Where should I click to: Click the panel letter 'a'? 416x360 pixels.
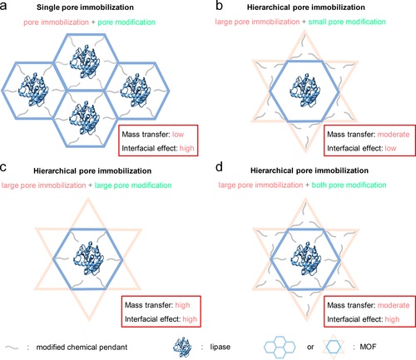click(x=3, y=6)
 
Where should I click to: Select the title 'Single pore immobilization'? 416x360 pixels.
click(x=85, y=7)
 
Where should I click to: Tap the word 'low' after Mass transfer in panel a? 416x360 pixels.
click(x=178, y=135)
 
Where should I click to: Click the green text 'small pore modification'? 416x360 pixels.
click(x=347, y=22)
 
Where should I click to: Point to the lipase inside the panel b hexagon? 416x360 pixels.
click(x=305, y=90)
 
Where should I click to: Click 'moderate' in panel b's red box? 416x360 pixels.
click(x=394, y=135)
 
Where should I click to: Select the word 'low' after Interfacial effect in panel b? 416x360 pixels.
click(x=390, y=148)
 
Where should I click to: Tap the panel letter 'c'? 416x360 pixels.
click(x=3, y=167)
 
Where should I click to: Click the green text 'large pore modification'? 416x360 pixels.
click(x=133, y=185)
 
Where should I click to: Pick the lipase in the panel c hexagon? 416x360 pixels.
click(x=89, y=259)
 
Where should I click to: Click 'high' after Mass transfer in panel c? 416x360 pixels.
click(x=182, y=305)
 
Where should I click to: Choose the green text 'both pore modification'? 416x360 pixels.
click(x=349, y=185)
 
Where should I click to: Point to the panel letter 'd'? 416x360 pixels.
click(x=219, y=167)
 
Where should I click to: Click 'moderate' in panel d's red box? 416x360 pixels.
click(x=394, y=305)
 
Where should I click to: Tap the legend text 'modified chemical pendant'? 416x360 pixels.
click(x=82, y=347)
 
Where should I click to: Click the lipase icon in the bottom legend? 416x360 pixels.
click(x=182, y=347)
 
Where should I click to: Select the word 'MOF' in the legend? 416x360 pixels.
click(x=368, y=347)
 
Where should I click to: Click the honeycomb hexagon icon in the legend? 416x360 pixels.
click(x=280, y=347)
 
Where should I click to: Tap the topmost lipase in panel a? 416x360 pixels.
click(x=85, y=62)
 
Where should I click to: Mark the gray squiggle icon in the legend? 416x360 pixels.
click(x=12, y=348)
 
